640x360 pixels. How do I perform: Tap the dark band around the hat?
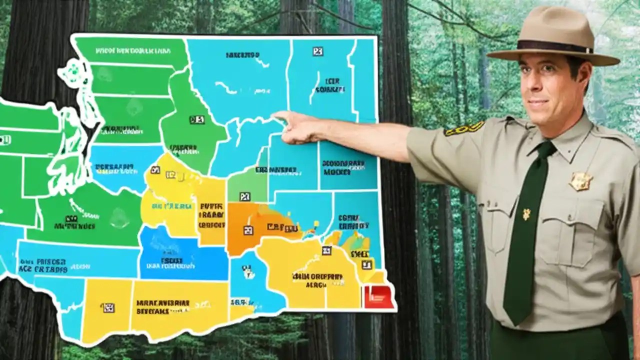coord(554,46)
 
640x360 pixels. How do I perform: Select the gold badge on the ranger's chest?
coord(580,181)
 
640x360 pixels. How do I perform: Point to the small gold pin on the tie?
coord(526,214)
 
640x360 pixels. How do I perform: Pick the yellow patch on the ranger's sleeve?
coord(464,128)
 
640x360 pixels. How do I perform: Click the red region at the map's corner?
coord(379,296)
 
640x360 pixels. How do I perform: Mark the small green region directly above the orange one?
coord(246,187)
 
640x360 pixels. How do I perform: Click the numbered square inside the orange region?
coord(248,230)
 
